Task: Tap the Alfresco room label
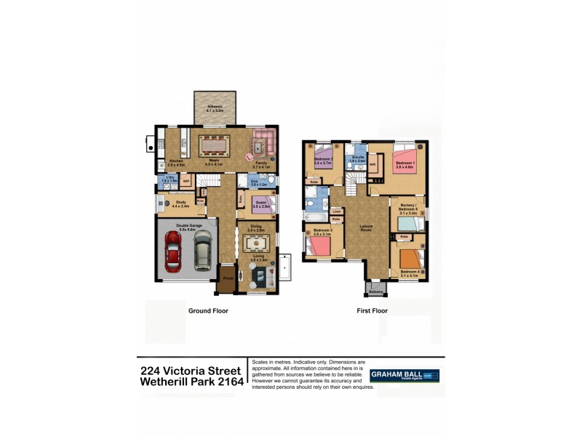[x=215, y=108]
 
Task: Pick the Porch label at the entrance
[x=228, y=278]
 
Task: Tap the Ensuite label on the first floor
[x=356, y=157]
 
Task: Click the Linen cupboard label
[x=336, y=211]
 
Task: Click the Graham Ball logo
[x=404, y=376]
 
